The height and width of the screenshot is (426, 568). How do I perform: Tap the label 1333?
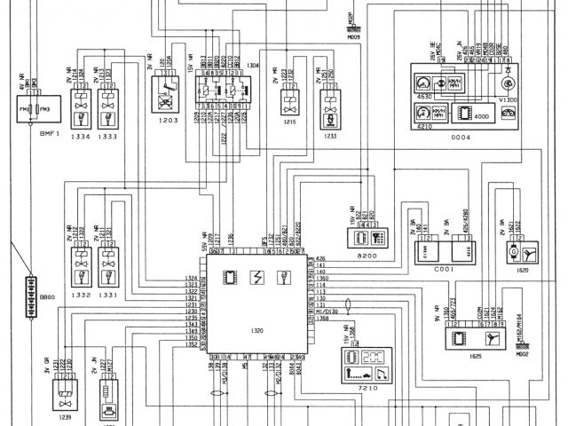click(x=108, y=138)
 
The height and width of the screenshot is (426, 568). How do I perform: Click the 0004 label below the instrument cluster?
click(x=461, y=138)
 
